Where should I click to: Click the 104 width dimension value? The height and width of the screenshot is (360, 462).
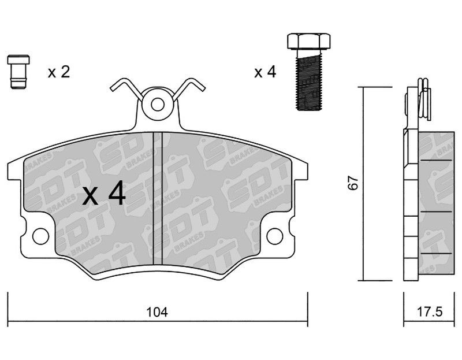coord(157,312)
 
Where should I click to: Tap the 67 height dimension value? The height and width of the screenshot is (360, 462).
coord(353,183)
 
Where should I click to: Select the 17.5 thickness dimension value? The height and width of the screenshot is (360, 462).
coord(430,311)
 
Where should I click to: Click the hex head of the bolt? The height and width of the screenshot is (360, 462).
coord(308,41)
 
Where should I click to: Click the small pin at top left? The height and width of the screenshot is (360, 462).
coord(18,72)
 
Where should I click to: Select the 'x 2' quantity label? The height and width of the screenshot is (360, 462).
coord(59,72)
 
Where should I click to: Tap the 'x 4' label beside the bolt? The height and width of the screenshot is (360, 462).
coord(265,72)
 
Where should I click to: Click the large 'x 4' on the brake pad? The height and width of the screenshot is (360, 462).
coord(104,193)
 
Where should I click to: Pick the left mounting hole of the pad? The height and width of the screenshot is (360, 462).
coord(40,236)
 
